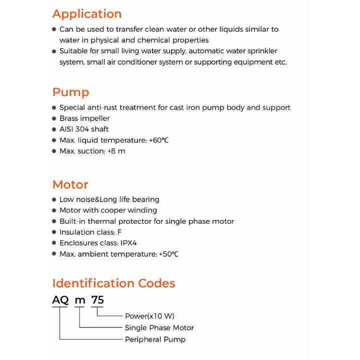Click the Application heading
(87, 14)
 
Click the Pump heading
(70, 92)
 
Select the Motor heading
(70, 184)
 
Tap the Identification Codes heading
(113, 283)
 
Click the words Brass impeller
(84, 118)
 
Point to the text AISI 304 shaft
(84, 129)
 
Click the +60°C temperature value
(158, 140)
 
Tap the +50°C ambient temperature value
(168, 254)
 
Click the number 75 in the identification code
(97, 300)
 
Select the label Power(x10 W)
(149, 316)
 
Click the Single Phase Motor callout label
(159, 328)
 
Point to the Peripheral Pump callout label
(155, 339)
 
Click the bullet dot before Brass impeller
(54, 118)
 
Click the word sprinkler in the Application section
(260, 51)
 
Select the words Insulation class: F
(90, 232)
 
